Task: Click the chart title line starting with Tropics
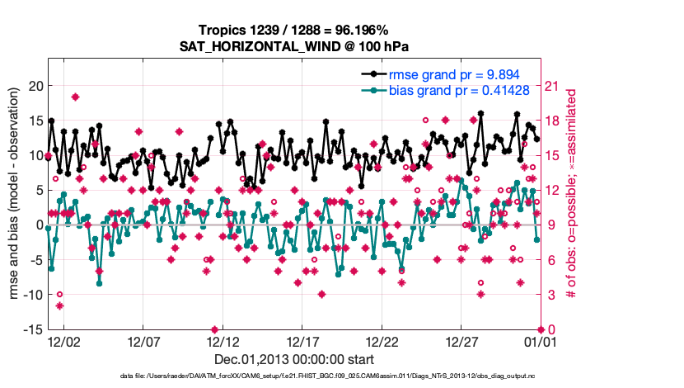coord(293,31)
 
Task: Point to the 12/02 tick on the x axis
coord(63,340)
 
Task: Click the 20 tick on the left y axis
coord(35,86)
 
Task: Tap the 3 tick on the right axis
coord(550,295)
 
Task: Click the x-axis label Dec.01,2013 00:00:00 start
coord(293,359)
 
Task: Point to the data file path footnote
coord(293,376)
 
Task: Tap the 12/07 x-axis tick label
coord(143,340)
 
